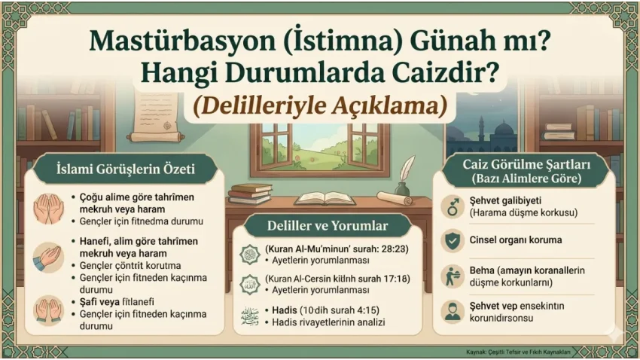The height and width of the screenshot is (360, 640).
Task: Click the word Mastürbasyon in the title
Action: (x=182, y=41)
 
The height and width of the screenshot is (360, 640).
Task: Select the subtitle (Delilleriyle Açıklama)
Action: (x=319, y=105)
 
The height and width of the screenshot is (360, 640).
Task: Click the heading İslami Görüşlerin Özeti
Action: (x=125, y=169)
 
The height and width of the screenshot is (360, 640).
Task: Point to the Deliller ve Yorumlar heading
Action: (x=328, y=225)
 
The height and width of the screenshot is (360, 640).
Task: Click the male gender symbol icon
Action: (x=453, y=206)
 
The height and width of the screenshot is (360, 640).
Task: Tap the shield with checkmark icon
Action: (x=453, y=241)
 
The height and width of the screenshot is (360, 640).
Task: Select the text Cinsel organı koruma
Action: (x=516, y=240)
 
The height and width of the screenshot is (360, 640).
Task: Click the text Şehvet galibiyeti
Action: (x=505, y=201)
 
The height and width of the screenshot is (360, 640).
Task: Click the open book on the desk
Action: (x=325, y=199)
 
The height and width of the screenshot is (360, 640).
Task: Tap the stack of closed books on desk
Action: (x=250, y=194)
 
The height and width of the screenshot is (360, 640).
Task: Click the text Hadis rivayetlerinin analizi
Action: (x=328, y=322)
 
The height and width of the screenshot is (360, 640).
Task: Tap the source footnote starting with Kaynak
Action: (x=518, y=352)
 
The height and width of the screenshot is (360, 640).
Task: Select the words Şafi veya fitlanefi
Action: (x=117, y=302)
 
